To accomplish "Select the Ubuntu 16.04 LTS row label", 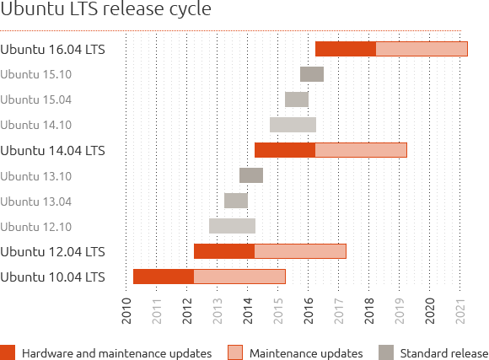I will pyautogui.click(x=53, y=49).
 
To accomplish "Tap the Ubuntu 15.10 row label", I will pyautogui.click(x=36, y=74).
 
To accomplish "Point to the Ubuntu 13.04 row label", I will pyautogui.click(x=36, y=201).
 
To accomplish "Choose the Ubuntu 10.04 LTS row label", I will pyautogui.click(x=53, y=277).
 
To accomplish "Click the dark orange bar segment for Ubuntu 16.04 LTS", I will pyautogui.click(x=345, y=49).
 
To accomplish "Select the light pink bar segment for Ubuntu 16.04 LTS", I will pyautogui.click(x=421, y=49).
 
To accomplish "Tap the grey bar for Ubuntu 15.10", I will pyautogui.click(x=311, y=74).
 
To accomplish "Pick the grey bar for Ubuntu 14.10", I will pyautogui.click(x=293, y=125).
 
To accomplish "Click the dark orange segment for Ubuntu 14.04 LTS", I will pyautogui.click(x=284, y=150).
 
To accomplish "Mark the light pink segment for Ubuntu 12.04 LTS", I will pyautogui.click(x=299, y=251).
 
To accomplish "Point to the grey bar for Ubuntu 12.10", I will pyautogui.click(x=232, y=226).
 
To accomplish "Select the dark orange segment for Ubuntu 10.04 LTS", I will pyautogui.click(x=163, y=277).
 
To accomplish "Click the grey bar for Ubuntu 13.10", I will pyautogui.click(x=250, y=175).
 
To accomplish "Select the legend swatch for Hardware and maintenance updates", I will pyautogui.click(x=8, y=352).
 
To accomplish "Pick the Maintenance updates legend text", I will pyautogui.click(x=307, y=352).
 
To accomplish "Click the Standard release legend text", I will pyautogui.click(x=444, y=352).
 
